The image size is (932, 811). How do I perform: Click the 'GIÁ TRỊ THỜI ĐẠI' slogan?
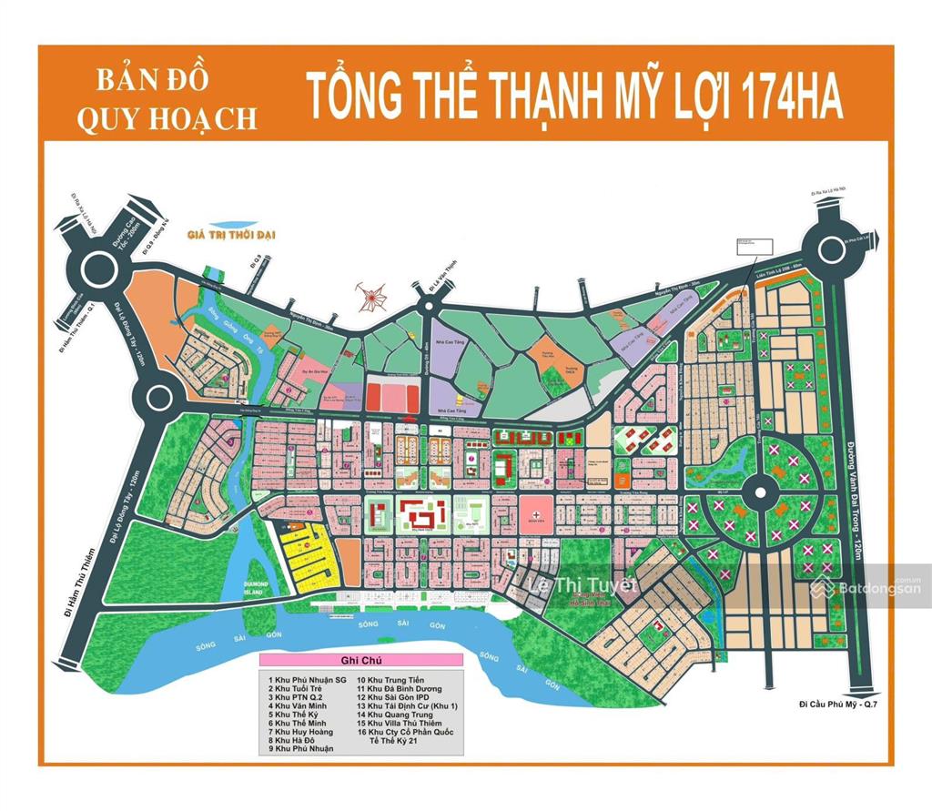point(230,236)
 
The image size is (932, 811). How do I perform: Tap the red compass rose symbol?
point(371,295)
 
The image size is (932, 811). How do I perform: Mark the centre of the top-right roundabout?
point(833,249)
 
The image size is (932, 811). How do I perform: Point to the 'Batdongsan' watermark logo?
point(865,589)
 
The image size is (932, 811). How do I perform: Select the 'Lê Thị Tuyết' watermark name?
point(583,585)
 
